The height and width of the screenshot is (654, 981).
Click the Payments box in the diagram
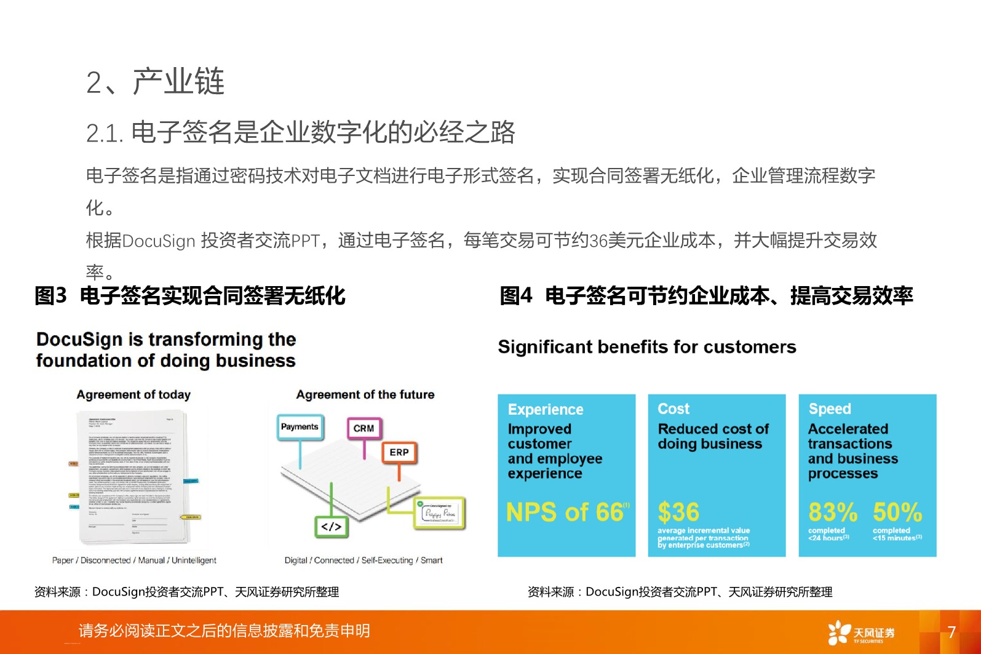click(x=300, y=427)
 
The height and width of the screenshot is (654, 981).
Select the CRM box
click(x=363, y=428)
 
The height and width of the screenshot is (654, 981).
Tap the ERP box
click(x=399, y=452)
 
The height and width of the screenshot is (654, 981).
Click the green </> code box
click(x=331, y=527)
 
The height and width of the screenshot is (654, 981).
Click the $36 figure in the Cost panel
click(x=678, y=512)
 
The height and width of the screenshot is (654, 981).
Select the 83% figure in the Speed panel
click(x=832, y=512)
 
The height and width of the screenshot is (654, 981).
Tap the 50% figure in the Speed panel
click(x=897, y=512)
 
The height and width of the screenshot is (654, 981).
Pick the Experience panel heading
click(x=546, y=410)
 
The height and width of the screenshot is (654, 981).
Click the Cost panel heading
click(x=673, y=409)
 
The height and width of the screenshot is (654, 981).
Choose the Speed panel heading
click(x=830, y=409)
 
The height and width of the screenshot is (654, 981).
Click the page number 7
click(x=951, y=632)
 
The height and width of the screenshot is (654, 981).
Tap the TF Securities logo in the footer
click(x=861, y=632)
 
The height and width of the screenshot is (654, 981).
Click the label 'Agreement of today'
click(x=133, y=395)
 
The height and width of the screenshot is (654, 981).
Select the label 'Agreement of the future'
click(x=365, y=395)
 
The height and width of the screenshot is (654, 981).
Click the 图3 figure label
click(x=50, y=296)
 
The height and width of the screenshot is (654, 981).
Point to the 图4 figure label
click(x=515, y=296)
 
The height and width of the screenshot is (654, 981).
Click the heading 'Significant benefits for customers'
click(x=647, y=347)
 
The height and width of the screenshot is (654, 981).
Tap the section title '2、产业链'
click(x=155, y=82)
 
